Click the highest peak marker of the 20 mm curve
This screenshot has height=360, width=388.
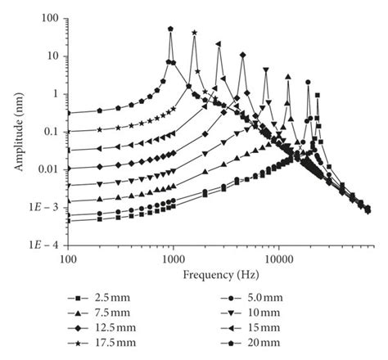tap(170, 29)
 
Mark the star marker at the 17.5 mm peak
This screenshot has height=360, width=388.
tap(194, 33)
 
